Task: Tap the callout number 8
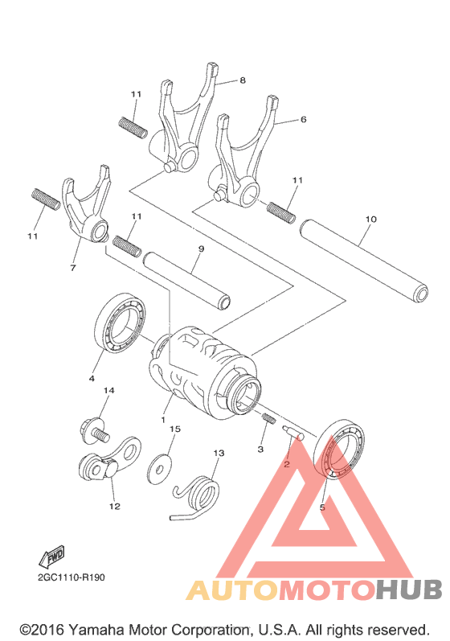[x=243, y=80]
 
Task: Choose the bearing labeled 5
[x=339, y=449]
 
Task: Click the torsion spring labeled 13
[x=196, y=498]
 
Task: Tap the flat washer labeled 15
[x=159, y=469]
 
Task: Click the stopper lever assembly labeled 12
[x=109, y=460]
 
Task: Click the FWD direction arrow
[x=52, y=557]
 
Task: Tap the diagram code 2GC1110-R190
[x=72, y=577]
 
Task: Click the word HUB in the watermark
[x=409, y=590]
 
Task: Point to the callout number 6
[x=303, y=119]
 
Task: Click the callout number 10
[x=370, y=219]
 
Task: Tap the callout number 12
[x=115, y=506]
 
